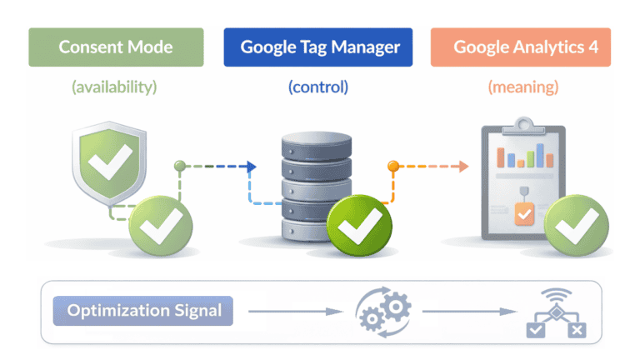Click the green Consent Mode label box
(116, 47)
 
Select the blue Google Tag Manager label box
(317, 47)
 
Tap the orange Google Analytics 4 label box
(520, 47)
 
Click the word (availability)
(115, 86)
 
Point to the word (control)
(317, 86)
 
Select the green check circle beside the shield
(160, 224)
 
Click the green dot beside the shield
(178, 166)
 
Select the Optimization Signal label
(144, 312)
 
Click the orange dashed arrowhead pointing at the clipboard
(463, 167)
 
